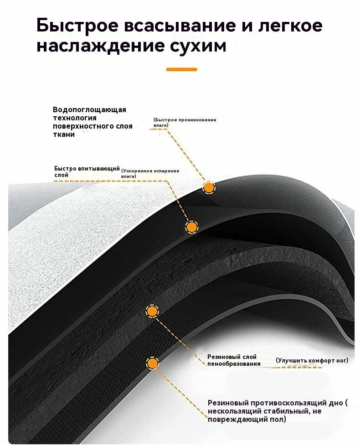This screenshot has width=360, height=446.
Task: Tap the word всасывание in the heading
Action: point(180,25)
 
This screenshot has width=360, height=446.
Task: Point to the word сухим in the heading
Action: point(198,47)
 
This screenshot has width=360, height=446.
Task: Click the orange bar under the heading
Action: point(181,69)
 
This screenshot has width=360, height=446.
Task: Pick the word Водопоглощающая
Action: point(89,110)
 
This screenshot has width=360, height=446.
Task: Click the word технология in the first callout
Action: point(75,118)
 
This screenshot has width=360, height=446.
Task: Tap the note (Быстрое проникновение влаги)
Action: point(185,122)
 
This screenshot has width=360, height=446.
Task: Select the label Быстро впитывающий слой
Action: point(87,172)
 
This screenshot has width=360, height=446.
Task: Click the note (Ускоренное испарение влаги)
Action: point(150,173)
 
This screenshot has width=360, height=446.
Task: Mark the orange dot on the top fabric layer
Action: point(209,188)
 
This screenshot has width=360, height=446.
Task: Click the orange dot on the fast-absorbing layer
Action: point(192,227)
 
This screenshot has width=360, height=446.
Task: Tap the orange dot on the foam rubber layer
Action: point(152,311)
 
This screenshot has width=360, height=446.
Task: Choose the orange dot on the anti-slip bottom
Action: point(153,363)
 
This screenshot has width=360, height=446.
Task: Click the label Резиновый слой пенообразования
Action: point(234,360)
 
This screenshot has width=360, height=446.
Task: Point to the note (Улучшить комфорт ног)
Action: point(312,360)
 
